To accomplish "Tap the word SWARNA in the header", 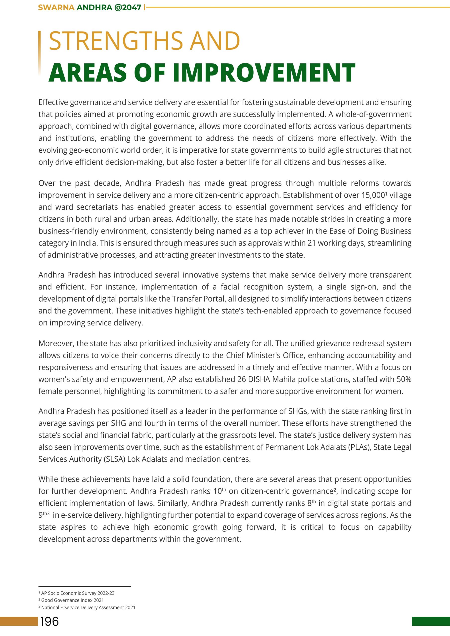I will point(56,7).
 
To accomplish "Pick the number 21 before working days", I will point(312,243).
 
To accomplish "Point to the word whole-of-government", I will point(374,114).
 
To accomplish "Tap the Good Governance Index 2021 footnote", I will point(72,600).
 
